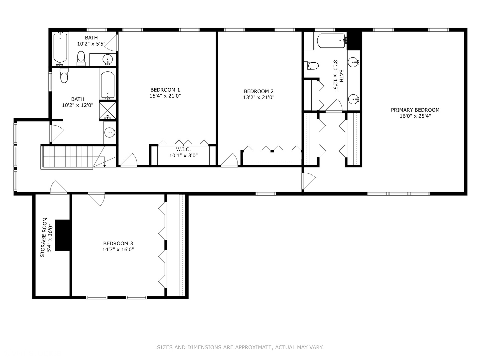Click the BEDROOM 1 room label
click(165, 90)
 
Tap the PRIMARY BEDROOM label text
click(415, 110)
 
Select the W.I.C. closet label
click(183, 149)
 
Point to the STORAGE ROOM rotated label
click(43, 237)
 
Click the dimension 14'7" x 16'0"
click(118, 249)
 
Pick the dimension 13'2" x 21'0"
click(259, 97)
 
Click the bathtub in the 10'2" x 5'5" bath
click(60, 48)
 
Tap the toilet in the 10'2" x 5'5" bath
click(81, 58)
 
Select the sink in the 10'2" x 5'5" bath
click(108, 60)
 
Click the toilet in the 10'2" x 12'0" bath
click(64, 76)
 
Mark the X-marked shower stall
click(108, 110)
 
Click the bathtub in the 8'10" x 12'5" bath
click(331, 41)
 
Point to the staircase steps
click(67, 157)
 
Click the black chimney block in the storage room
click(62, 235)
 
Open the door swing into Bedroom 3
click(97, 199)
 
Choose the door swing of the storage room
click(59, 187)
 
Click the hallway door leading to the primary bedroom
click(309, 181)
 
